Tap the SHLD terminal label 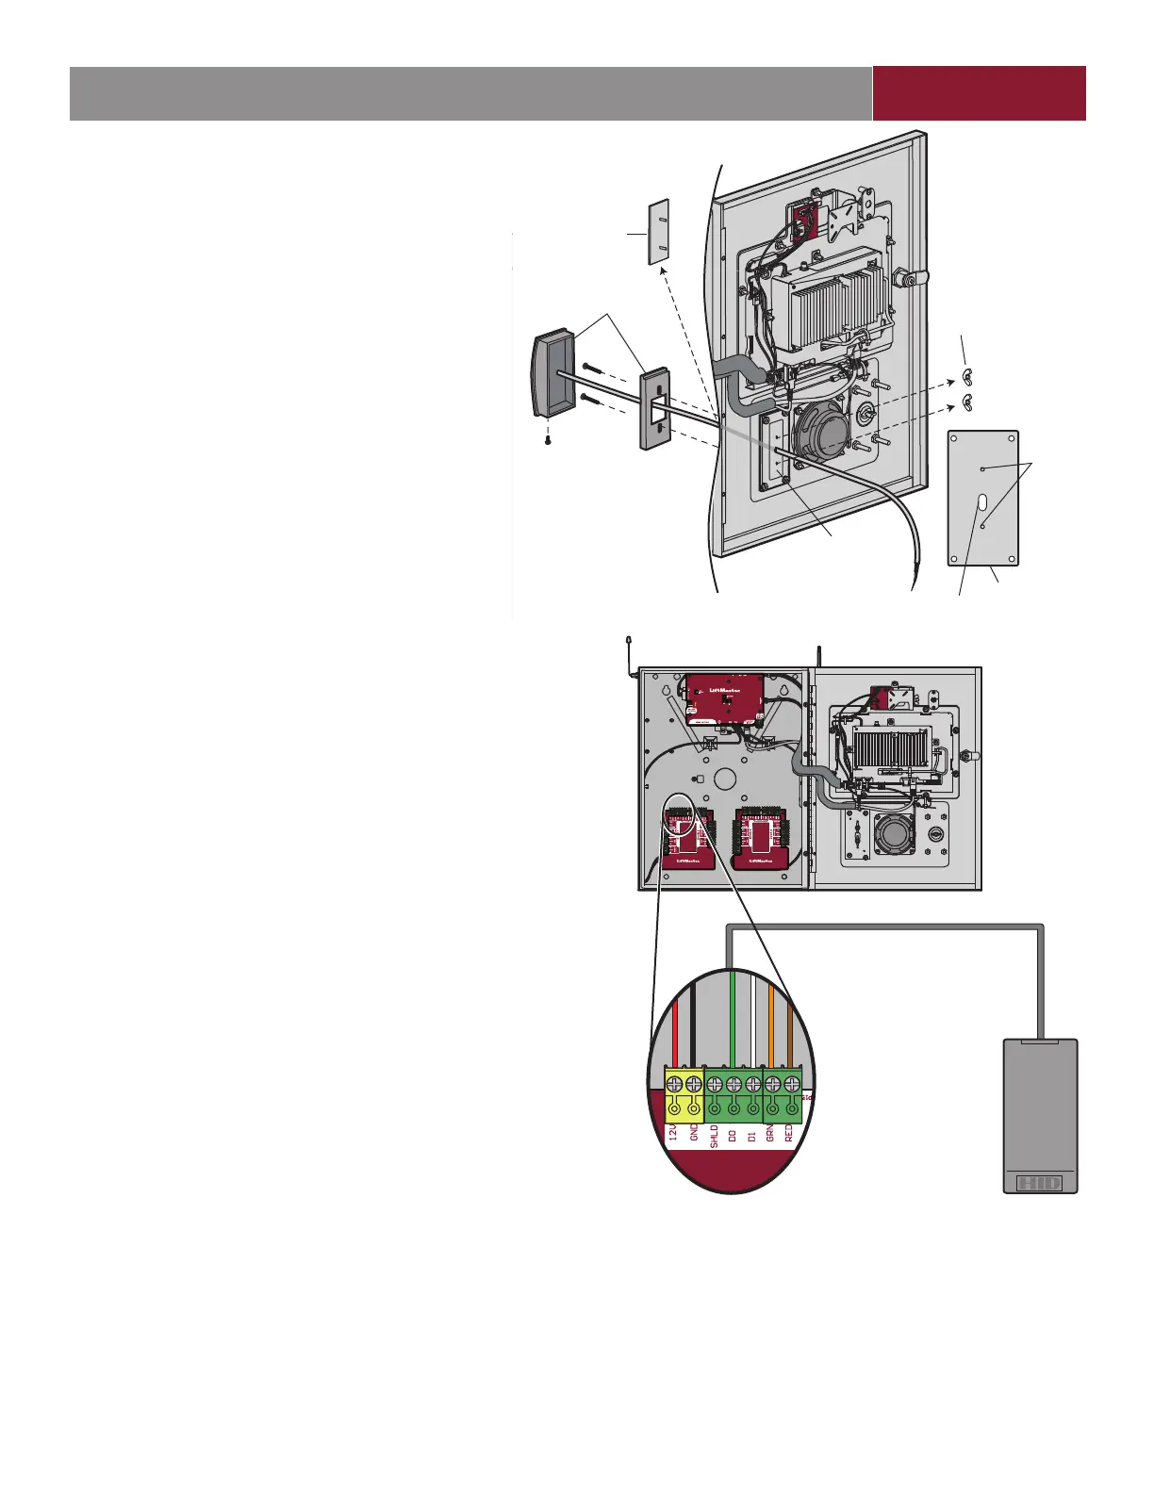(x=714, y=1134)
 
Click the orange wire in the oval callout (x=771, y=1027)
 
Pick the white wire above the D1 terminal (x=751, y=1027)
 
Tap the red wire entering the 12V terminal (x=674, y=1037)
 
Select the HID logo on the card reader (x=1040, y=1182)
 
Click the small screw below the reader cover (x=549, y=439)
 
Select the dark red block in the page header (x=979, y=93)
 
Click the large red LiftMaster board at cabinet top (x=724, y=698)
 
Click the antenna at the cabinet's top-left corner (x=629, y=654)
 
